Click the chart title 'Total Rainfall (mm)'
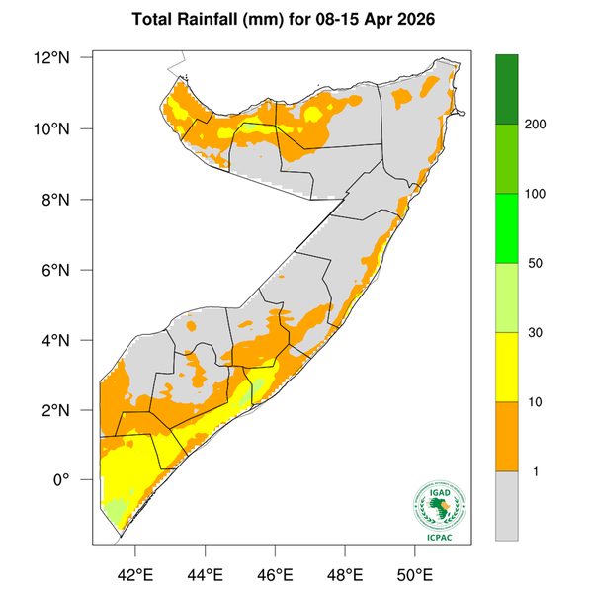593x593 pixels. point(212,20)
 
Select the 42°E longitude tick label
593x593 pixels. point(134,574)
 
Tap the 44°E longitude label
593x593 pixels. point(205,574)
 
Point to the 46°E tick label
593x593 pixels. point(274,574)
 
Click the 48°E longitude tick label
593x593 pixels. point(344,574)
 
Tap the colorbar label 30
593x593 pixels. point(537,333)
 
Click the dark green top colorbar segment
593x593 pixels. point(507,89)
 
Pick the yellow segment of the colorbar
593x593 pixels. point(507,367)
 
